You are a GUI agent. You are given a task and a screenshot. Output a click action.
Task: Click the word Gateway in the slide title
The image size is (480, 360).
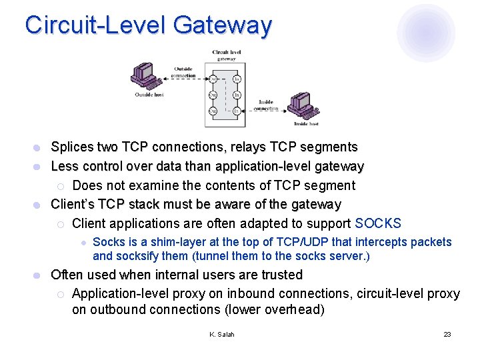pos(223,25)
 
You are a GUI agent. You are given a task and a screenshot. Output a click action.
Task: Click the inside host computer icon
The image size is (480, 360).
pos(303,107)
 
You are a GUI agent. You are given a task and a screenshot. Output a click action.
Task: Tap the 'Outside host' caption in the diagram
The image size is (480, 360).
pos(149,95)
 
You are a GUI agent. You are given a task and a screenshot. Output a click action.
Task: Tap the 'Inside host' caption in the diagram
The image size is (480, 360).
pos(306,124)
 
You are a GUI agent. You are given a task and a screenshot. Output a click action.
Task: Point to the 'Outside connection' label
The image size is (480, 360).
pos(183,72)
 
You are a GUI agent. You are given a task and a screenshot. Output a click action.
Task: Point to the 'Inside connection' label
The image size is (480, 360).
pos(265,105)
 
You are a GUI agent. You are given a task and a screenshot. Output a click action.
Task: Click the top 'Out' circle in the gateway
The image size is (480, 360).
pos(213,79)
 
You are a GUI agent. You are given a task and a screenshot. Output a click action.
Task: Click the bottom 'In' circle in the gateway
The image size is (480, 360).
pos(237,111)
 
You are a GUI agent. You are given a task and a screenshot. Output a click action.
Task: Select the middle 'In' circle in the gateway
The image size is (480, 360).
pos(237,95)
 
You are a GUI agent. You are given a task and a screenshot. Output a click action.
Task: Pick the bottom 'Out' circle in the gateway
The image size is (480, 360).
pos(213,111)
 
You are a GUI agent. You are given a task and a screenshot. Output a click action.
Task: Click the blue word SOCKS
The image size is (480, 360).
pos(379,223)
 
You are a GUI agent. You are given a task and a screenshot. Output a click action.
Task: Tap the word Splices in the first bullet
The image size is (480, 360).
pos(73,147)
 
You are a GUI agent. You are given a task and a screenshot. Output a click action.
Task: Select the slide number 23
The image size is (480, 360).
pos(447,334)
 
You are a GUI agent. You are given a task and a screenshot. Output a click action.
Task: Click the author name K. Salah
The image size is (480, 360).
pos(222,334)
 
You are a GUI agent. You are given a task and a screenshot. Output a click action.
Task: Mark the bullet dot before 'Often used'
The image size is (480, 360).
pos(39,275)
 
